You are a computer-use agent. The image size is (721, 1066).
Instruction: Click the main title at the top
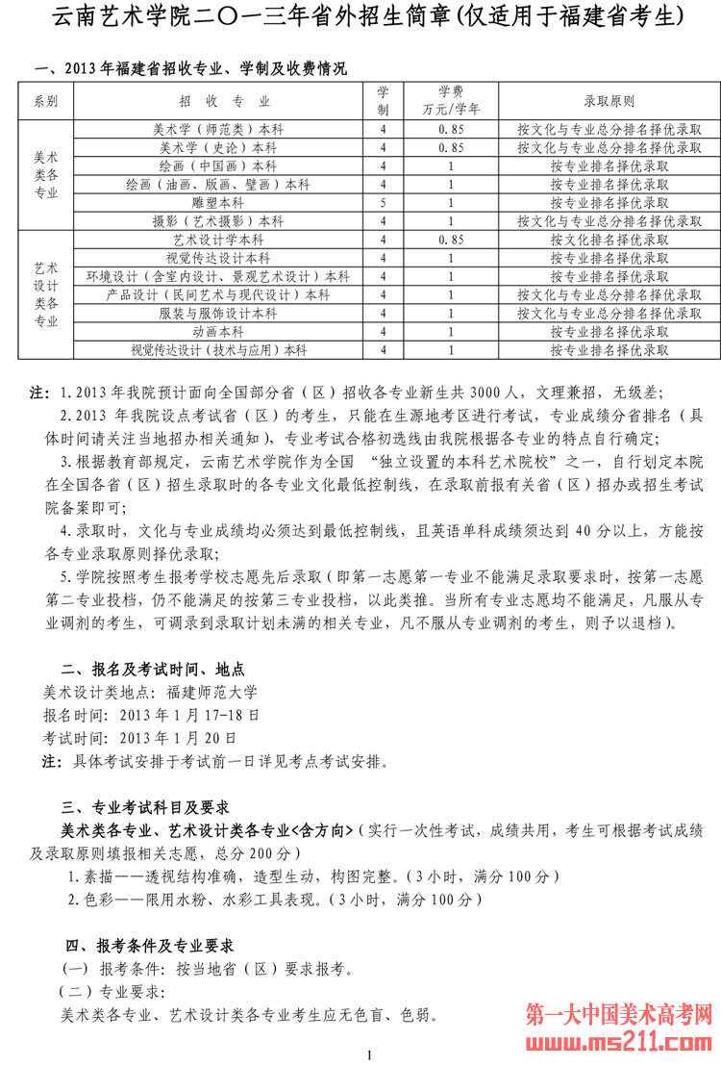click(360, 17)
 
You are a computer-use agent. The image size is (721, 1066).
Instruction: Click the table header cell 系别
click(45, 101)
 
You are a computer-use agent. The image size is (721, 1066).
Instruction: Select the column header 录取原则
click(609, 101)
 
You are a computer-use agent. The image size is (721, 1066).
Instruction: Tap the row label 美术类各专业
click(45, 174)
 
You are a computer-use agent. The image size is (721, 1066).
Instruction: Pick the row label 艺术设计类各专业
click(45, 294)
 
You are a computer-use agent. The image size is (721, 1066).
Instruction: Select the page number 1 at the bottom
click(369, 1055)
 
